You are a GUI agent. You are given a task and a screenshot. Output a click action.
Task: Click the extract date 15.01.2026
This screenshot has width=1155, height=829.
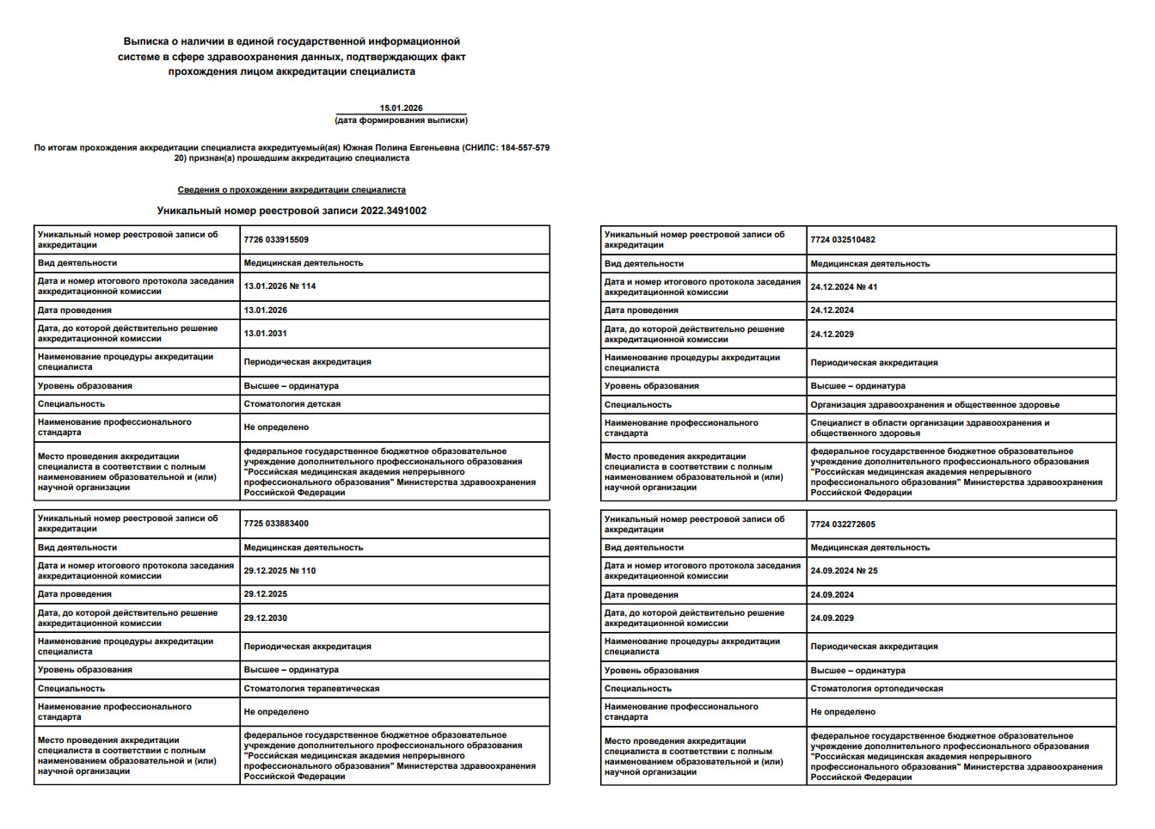401,108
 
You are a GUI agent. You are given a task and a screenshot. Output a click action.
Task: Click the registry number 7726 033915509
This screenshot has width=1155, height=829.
276,240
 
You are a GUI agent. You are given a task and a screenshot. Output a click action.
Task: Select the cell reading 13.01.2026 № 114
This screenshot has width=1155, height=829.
280,286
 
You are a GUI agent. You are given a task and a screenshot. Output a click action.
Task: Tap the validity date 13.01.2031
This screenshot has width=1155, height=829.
266,334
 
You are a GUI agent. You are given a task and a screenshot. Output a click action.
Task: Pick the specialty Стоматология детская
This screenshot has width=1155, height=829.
292,404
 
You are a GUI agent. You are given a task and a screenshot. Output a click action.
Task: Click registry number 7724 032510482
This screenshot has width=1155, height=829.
843,240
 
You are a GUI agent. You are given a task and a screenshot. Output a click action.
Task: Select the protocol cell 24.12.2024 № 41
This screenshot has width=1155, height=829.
844,287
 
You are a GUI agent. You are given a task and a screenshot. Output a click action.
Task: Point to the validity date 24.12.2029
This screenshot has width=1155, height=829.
832,335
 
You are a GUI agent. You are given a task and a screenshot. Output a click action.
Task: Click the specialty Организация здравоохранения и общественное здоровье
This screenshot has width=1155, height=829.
935,405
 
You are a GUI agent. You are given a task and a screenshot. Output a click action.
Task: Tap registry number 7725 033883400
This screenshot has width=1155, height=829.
276,524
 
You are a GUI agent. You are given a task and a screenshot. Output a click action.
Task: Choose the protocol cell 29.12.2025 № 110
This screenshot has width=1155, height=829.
280,571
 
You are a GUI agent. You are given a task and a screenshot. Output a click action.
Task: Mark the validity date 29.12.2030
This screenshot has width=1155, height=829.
266,618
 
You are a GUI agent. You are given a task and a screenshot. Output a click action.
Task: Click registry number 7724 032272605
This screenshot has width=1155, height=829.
843,525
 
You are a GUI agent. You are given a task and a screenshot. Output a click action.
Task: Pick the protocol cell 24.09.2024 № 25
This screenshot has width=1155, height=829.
844,571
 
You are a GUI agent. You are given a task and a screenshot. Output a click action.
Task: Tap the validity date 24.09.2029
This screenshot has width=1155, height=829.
832,618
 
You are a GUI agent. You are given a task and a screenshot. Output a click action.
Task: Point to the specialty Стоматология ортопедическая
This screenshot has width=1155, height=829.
876,689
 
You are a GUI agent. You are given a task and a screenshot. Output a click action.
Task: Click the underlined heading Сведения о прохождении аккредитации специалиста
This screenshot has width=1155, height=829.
292,190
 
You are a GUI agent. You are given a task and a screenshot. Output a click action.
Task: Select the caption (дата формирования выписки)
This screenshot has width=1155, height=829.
401,120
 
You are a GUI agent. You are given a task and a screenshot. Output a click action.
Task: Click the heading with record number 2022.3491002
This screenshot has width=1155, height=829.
292,211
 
